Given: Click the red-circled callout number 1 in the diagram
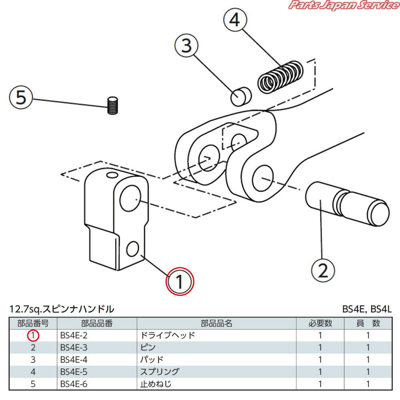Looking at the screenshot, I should click(180, 281).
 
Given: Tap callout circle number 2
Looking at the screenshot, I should click(323, 270).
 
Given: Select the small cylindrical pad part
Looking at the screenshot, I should click(240, 96).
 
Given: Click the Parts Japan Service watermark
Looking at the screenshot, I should click(343, 6).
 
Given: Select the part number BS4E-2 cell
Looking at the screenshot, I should click(74, 336).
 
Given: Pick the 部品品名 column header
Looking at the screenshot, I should click(216, 323).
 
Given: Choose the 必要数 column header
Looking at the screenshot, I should click(320, 323).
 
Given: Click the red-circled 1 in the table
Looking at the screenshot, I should click(33, 336).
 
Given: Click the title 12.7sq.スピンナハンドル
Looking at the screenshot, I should click(62, 309).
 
